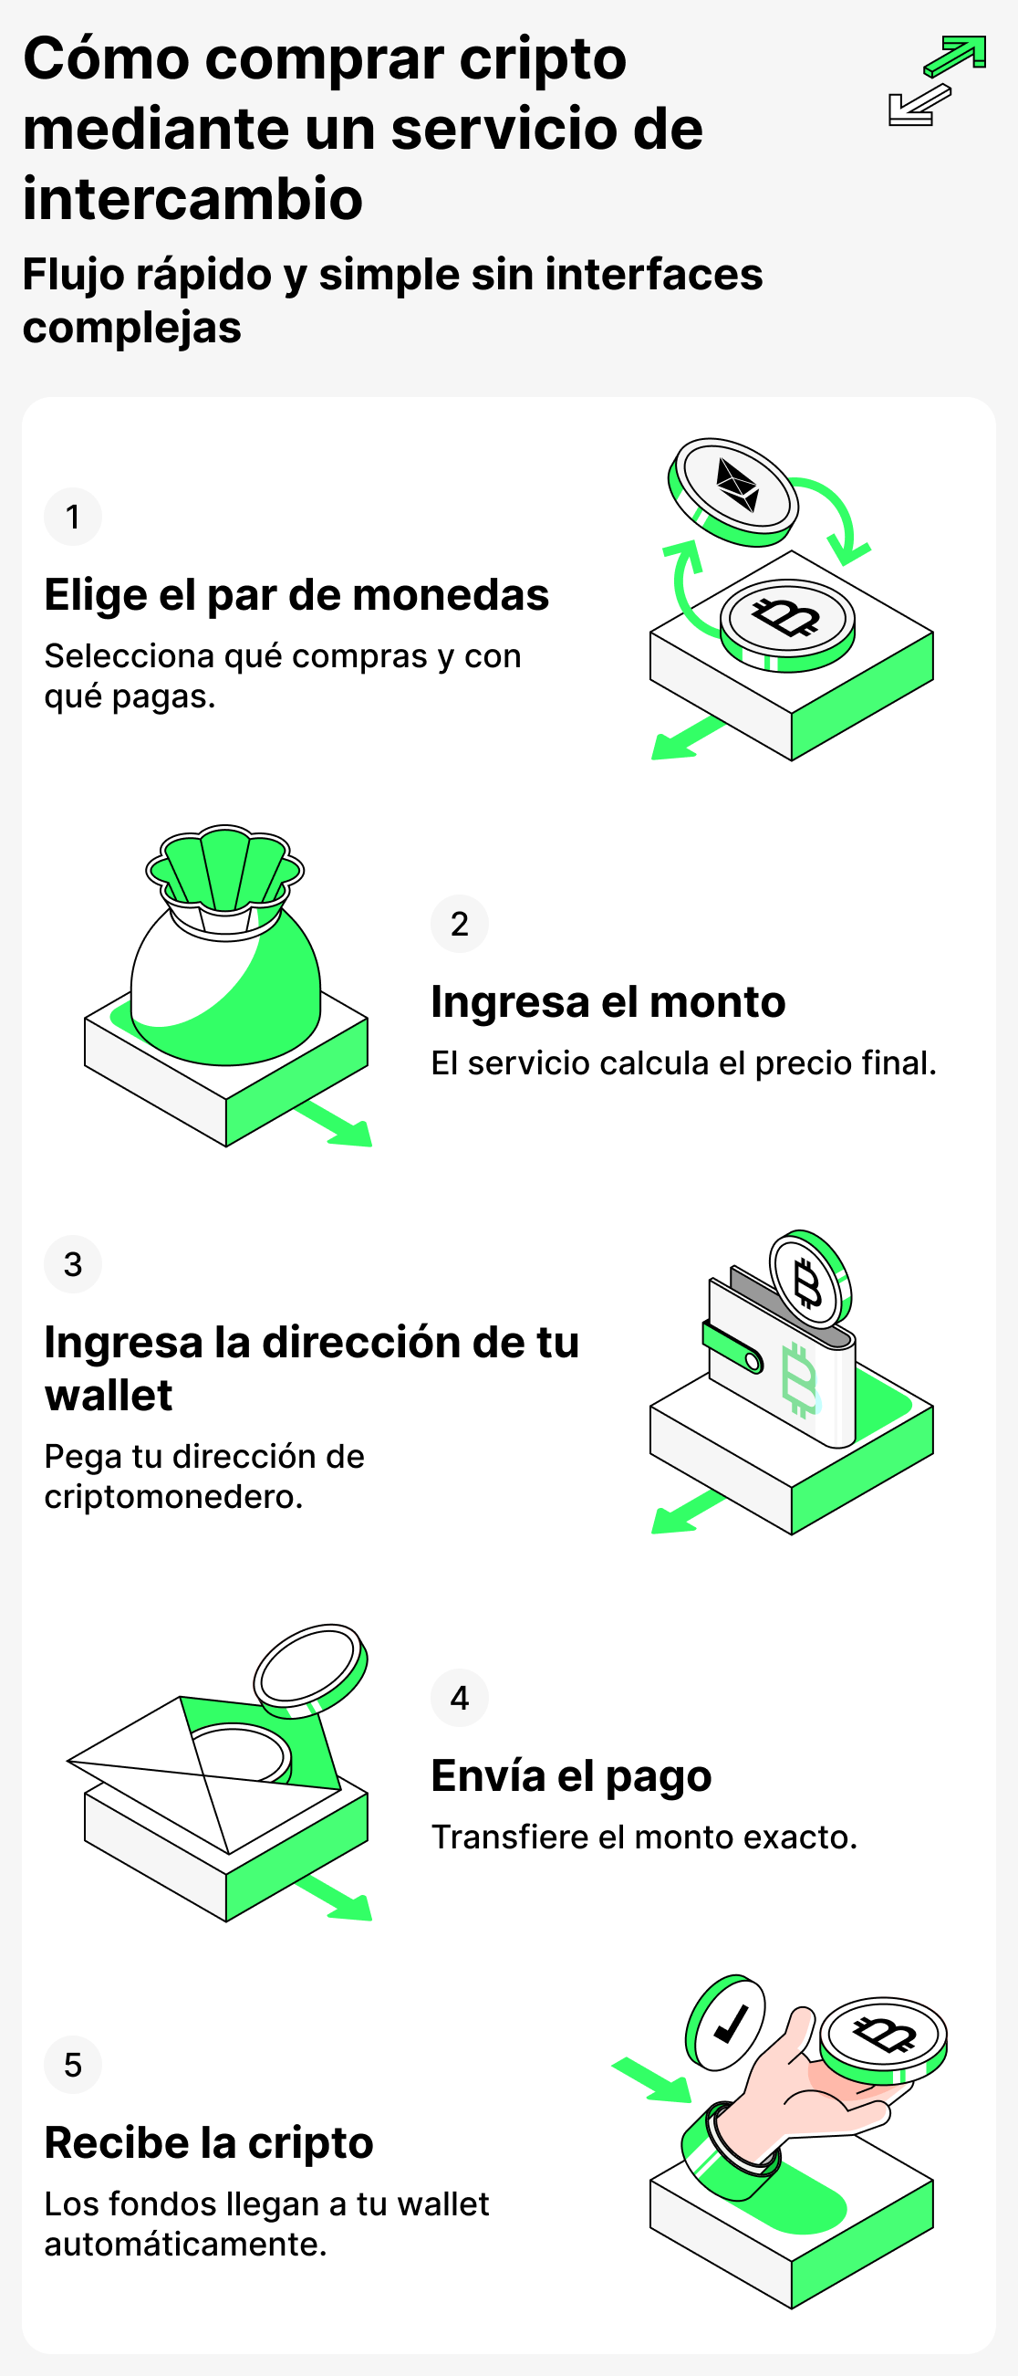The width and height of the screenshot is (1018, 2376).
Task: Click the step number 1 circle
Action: [x=73, y=517]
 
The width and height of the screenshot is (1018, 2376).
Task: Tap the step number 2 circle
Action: [x=459, y=923]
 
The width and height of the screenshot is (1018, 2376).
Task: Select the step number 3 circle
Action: [x=73, y=1263]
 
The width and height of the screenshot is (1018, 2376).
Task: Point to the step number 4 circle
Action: [x=459, y=1697]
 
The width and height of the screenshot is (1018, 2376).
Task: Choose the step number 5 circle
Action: [x=73, y=2064]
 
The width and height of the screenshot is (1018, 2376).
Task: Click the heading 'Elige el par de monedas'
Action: [x=297, y=595]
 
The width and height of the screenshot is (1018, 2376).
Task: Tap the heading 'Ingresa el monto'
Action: [x=608, y=1001]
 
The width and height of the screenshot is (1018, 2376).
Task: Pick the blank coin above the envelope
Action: [x=311, y=1670]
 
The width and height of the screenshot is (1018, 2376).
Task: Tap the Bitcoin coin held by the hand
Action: [x=883, y=2040]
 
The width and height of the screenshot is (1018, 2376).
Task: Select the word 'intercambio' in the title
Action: [x=192, y=198]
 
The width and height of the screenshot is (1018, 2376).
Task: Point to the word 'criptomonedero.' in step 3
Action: [x=173, y=1497]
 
